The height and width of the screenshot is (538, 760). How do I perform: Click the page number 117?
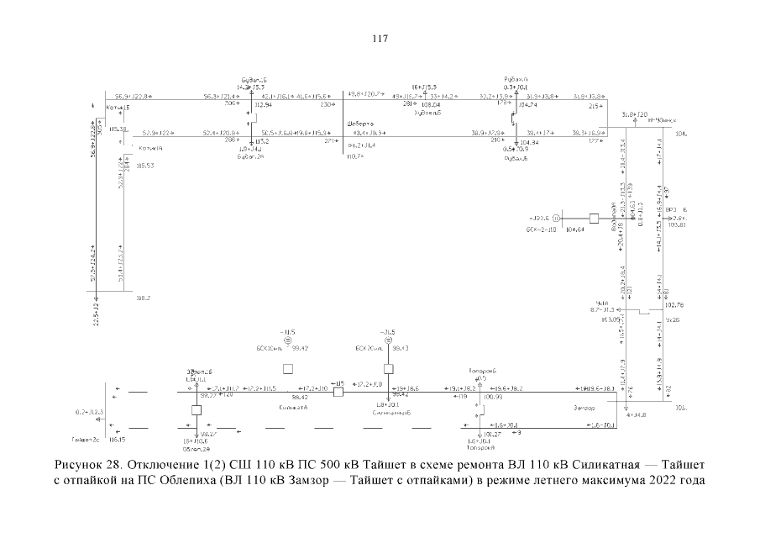380,39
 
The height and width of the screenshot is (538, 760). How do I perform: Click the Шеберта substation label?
360,124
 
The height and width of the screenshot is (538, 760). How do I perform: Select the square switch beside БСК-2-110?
594,219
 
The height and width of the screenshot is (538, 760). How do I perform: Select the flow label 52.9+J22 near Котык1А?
158,133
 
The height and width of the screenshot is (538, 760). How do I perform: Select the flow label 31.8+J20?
634,113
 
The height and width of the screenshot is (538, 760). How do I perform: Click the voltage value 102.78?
674,305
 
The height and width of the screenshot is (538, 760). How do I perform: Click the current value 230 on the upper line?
326,105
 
